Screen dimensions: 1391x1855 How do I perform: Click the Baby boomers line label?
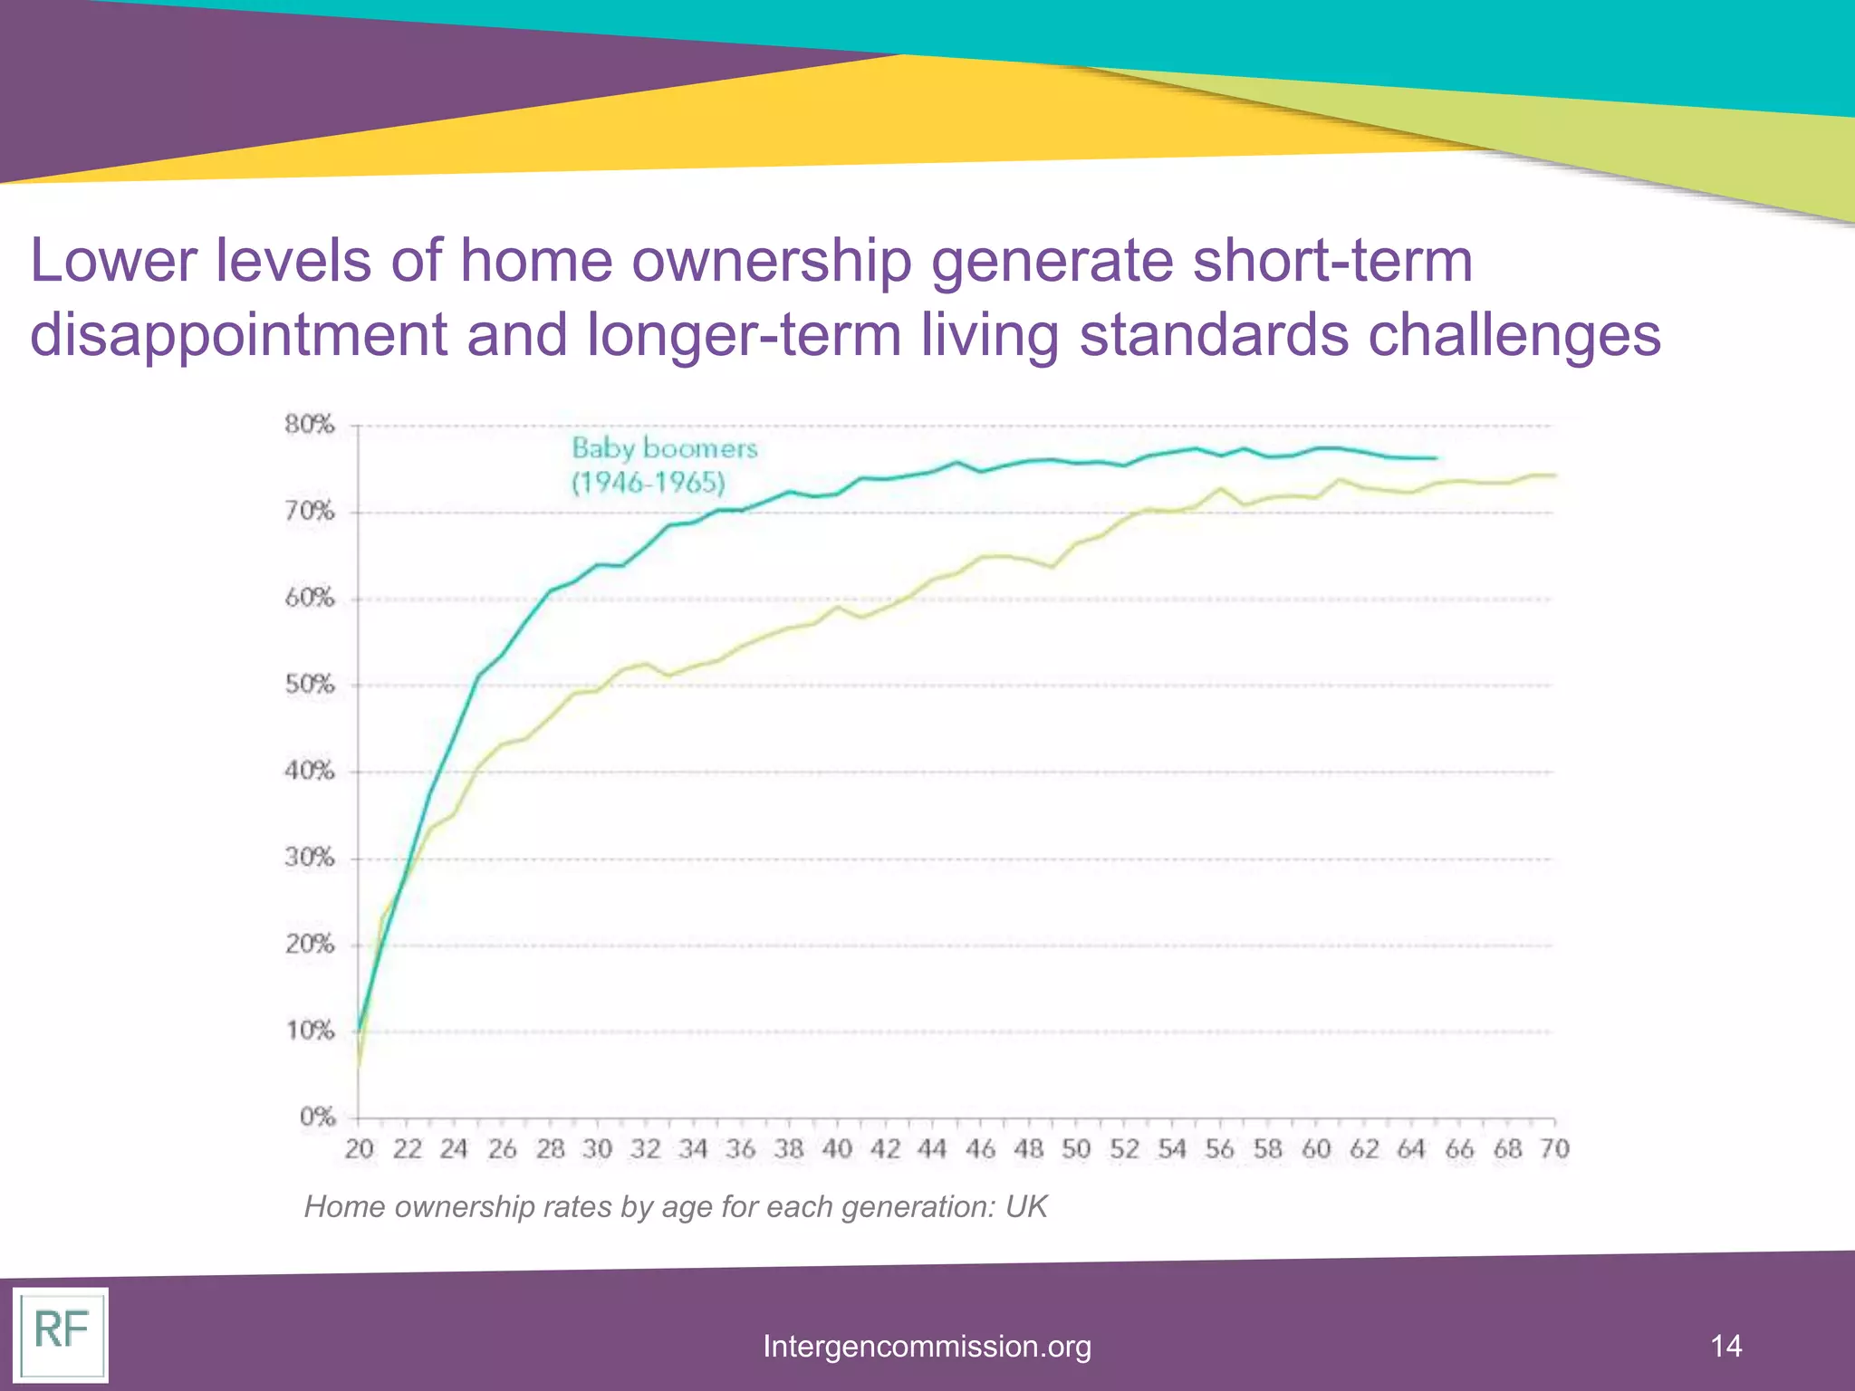(x=664, y=448)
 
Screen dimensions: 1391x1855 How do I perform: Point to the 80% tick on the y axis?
(x=310, y=425)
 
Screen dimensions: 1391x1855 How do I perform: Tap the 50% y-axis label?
(x=310, y=685)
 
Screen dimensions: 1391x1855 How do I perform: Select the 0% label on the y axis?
(x=317, y=1118)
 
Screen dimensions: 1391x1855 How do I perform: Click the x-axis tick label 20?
(x=359, y=1149)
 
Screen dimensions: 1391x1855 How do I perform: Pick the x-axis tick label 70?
(x=1554, y=1149)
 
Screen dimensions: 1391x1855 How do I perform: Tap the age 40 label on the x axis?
(x=837, y=1149)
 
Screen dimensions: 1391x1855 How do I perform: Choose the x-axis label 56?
(x=1219, y=1149)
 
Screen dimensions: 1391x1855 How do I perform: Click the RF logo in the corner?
(x=61, y=1332)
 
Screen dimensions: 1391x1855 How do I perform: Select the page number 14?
(x=1725, y=1346)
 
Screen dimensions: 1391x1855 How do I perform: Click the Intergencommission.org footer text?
(x=927, y=1347)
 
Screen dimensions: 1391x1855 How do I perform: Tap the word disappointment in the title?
(x=238, y=335)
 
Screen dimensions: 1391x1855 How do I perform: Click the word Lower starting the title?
(x=113, y=261)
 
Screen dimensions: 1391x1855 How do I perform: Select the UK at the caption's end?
(x=1026, y=1207)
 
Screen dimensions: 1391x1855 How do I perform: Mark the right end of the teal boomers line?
(x=1436, y=458)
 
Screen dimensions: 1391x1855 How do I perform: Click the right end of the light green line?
(x=1554, y=475)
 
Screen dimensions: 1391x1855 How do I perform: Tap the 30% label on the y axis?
(x=310, y=858)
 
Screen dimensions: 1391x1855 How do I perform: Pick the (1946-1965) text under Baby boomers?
(x=649, y=483)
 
